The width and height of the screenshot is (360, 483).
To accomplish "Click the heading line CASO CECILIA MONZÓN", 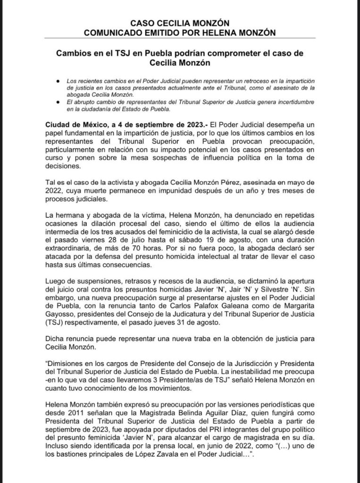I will click(x=180, y=23).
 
